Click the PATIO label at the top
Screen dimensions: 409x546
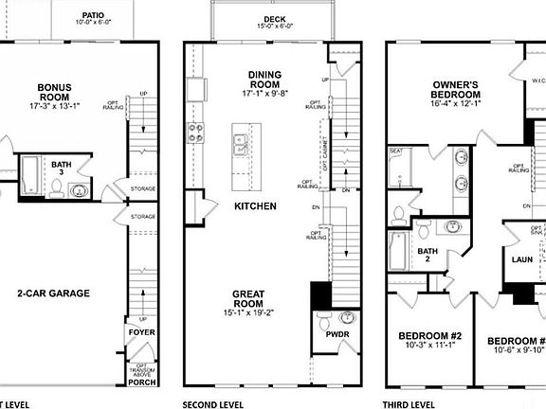(91, 15)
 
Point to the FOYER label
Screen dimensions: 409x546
(141, 333)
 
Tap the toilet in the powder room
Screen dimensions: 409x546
(326, 318)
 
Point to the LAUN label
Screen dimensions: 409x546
(522, 258)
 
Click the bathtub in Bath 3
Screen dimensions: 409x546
(30, 173)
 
